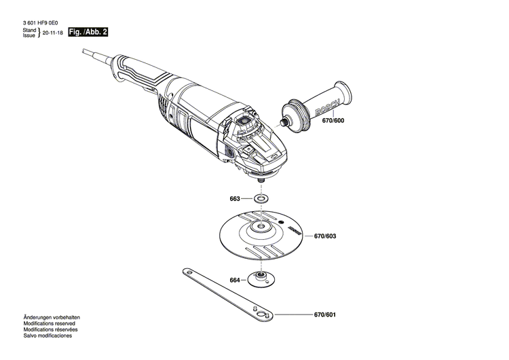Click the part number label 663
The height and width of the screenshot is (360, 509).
tap(234, 200)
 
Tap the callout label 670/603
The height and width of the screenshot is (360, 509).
tap(325, 236)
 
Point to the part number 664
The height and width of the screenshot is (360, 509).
tap(234, 280)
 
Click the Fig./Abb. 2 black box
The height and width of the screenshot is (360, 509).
tap(88, 32)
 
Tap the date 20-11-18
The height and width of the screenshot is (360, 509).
tap(54, 33)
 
